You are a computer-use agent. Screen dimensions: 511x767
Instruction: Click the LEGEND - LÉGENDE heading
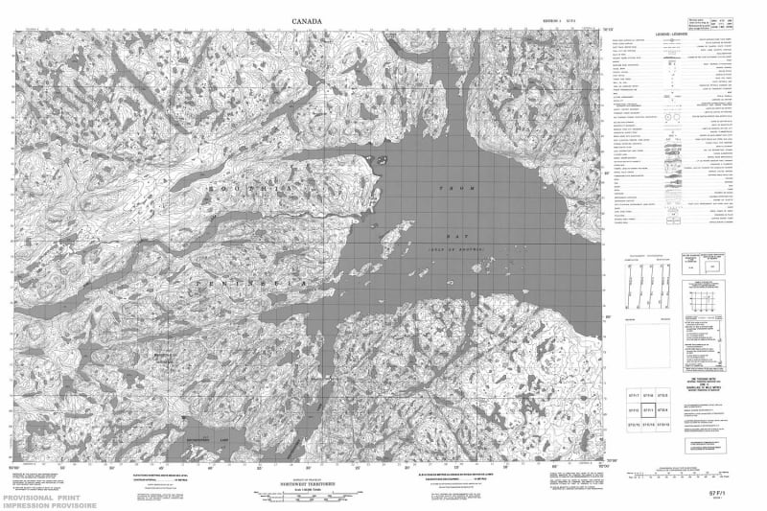pyautogui.click(x=670, y=36)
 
